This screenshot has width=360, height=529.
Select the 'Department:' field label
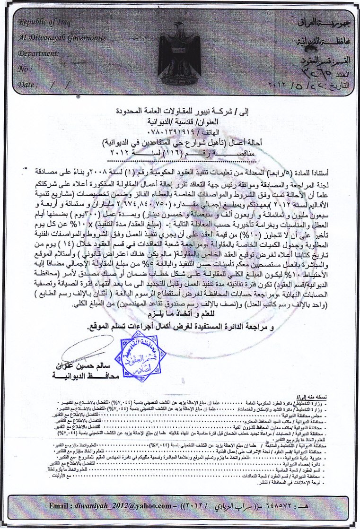click(37, 53)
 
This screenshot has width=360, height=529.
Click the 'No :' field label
click(24, 69)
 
